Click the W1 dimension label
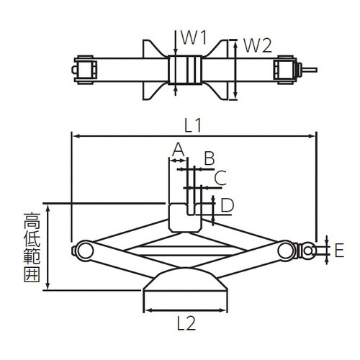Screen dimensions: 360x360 point(194,38)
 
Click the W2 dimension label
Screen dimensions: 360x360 point(258,46)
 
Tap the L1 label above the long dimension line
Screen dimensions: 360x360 point(193,126)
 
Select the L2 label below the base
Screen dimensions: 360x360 point(186,323)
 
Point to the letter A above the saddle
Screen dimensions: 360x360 point(179,149)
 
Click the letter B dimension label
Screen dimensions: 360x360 point(210,158)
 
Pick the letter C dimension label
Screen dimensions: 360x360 point(220,178)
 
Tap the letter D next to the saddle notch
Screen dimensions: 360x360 point(227,205)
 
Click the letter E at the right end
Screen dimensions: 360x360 point(339,250)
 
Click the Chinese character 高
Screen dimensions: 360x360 point(32,221)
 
